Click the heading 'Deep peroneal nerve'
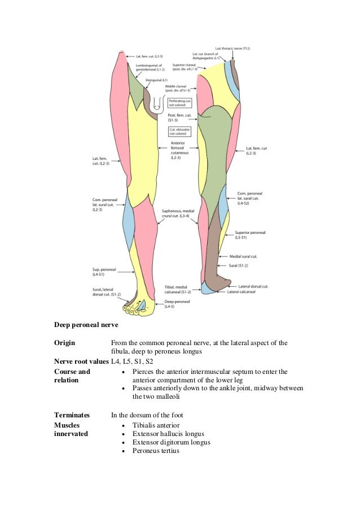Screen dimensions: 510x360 click(x=86, y=325)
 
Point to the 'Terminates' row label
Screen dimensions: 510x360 click(x=71, y=415)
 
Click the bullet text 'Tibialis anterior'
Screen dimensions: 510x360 click(x=157, y=425)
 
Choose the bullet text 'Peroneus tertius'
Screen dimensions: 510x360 click(x=156, y=451)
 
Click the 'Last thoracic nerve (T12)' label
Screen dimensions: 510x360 click(x=232, y=49)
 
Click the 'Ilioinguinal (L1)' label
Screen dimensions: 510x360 click(x=156, y=80)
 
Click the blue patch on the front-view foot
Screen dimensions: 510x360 click(x=143, y=306)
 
